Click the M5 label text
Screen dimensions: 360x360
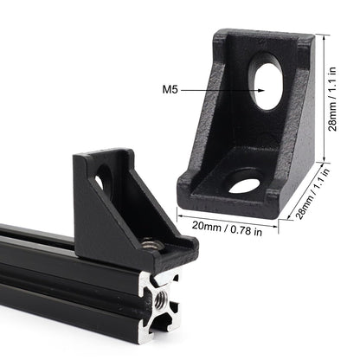[x=172, y=87]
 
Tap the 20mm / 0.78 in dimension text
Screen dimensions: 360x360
[x=228, y=227]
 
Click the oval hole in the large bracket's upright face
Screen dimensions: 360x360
[x=267, y=82]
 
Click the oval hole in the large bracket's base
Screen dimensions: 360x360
[x=245, y=183]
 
